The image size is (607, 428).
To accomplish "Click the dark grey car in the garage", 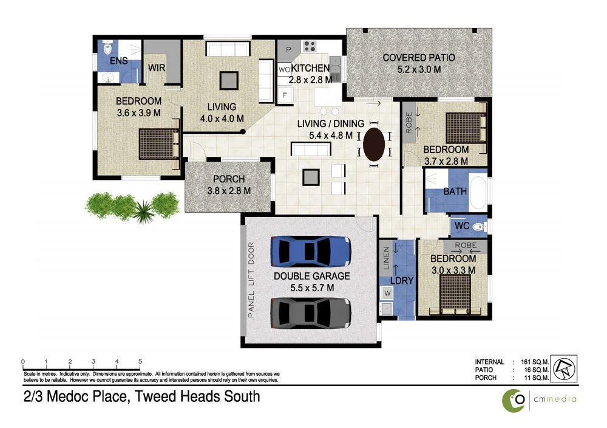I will coord(310,312).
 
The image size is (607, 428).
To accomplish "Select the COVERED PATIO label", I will coord(418,58).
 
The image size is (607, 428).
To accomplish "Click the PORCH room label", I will coord(229,179).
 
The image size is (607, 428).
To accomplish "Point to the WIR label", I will coord(157,68).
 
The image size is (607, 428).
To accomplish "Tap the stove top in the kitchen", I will coord(310,47).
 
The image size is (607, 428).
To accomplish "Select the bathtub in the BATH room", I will coord(478,191).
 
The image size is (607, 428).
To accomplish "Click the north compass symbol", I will coord(564,368).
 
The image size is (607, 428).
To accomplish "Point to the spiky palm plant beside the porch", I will coord(144,212).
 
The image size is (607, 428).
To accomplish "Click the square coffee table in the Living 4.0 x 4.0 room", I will coord(229,80).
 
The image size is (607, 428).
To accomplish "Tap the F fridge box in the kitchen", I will coord(283,95).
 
